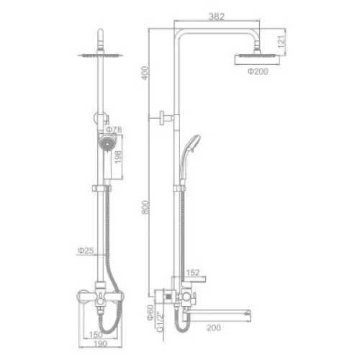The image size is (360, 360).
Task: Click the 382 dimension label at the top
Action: click(x=217, y=17)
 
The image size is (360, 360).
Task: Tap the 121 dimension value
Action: click(x=282, y=42)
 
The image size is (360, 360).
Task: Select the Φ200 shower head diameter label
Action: click(x=258, y=71)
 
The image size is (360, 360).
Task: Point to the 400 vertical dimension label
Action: click(x=145, y=73)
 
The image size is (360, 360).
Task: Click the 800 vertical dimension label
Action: click(x=145, y=207)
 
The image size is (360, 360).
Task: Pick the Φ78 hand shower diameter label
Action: click(x=114, y=130)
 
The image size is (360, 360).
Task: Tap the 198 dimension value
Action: click(x=118, y=157)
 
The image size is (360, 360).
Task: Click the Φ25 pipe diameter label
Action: click(x=86, y=251)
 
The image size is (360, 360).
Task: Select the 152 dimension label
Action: click(x=193, y=272)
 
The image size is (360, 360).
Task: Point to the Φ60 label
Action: click(x=150, y=312)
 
